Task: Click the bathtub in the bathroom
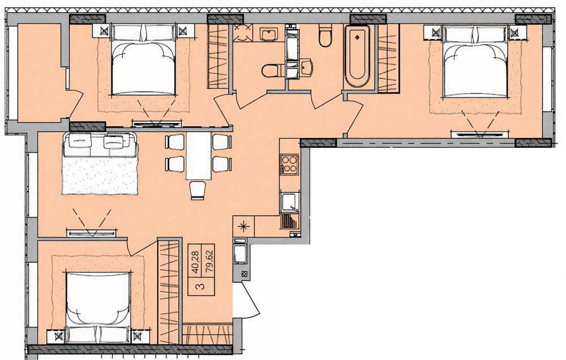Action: point(358,56)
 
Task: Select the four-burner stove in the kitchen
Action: point(289,164)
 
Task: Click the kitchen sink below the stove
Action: point(289,202)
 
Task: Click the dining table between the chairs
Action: point(198,155)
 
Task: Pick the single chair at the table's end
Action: point(198,190)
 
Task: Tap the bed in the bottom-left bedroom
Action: point(98,305)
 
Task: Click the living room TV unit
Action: point(93,233)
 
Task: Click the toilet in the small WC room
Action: point(271,70)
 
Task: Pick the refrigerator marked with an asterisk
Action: point(244,227)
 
